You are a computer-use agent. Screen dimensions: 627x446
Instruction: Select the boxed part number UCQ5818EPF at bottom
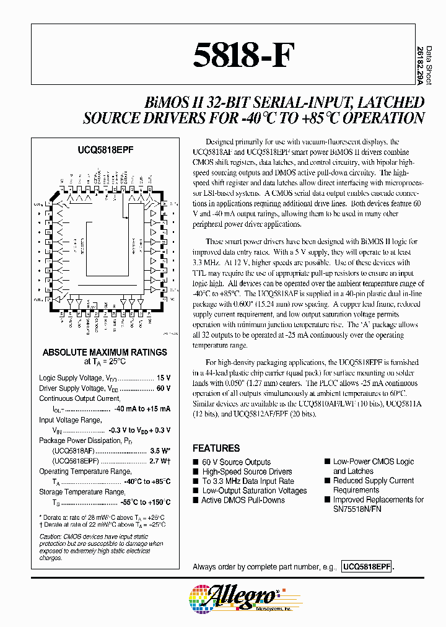pyautogui.click(x=366, y=566)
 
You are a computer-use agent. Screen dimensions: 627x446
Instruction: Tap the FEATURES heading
pyautogui.click(x=216, y=448)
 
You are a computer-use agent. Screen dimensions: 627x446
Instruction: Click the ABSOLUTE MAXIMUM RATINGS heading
pyautogui.click(x=105, y=352)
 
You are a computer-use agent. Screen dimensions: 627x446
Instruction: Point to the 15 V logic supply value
pyautogui.click(x=162, y=378)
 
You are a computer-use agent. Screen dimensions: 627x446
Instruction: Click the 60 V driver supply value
pyautogui.click(x=162, y=388)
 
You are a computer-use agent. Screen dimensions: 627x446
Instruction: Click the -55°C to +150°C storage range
pyautogui.click(x=140, y=502)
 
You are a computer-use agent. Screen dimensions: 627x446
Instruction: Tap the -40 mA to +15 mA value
pyautogui.click(x=142, y=409)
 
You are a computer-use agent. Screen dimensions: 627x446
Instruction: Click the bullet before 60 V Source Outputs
pyautogui.click(x=196, y=462)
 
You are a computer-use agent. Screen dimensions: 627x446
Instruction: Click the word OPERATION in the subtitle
pyautogui.click(x=386, y=118)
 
